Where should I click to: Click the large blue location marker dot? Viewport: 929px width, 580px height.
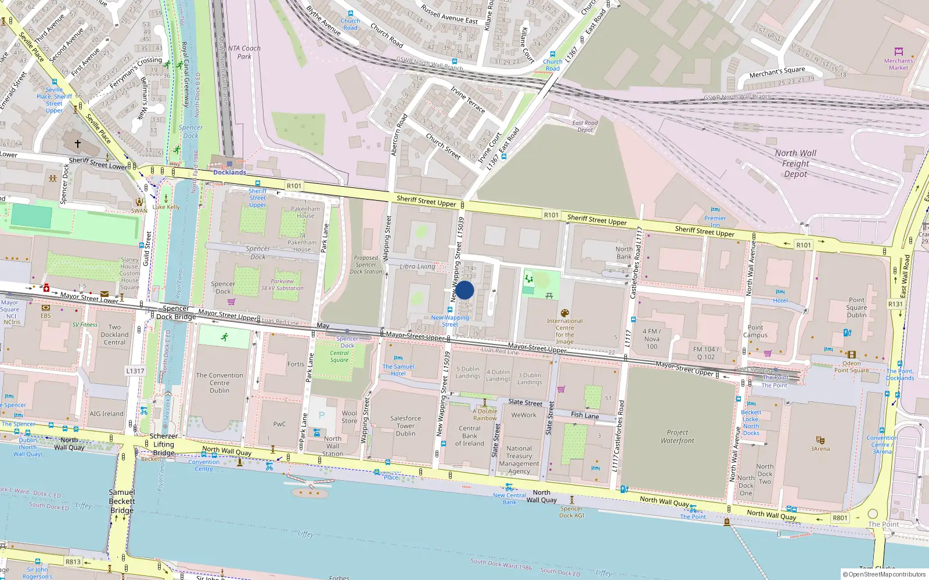[464, 290]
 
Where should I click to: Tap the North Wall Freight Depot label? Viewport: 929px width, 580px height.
[795, 164]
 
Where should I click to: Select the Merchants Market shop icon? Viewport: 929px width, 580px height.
[898, 52]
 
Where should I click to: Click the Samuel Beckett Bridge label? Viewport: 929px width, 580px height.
[122, 501]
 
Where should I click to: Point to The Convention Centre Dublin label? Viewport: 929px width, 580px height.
[219, 383]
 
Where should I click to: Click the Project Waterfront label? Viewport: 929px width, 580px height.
[677, 436]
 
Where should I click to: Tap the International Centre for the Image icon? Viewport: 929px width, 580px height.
[564, 313]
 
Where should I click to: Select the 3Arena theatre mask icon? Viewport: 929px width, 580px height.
[820, 440]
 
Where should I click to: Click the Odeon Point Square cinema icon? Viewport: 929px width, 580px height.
[851, 354]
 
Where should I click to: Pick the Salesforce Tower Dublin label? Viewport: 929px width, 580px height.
[405, 426]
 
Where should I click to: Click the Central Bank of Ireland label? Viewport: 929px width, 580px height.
[469, 436]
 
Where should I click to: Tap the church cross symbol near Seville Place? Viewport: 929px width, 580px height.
[77, 143]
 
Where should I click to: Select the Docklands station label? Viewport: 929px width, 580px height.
[229, 172]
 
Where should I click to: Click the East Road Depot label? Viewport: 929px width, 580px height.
[585, 126]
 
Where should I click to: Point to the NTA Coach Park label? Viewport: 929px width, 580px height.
[244, 52]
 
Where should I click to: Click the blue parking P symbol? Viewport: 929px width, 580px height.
[321, 415]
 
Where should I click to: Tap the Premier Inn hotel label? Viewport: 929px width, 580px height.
[715, 222]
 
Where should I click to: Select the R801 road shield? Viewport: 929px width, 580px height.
[840, 518]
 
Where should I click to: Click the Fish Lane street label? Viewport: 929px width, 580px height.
[585, 415]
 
